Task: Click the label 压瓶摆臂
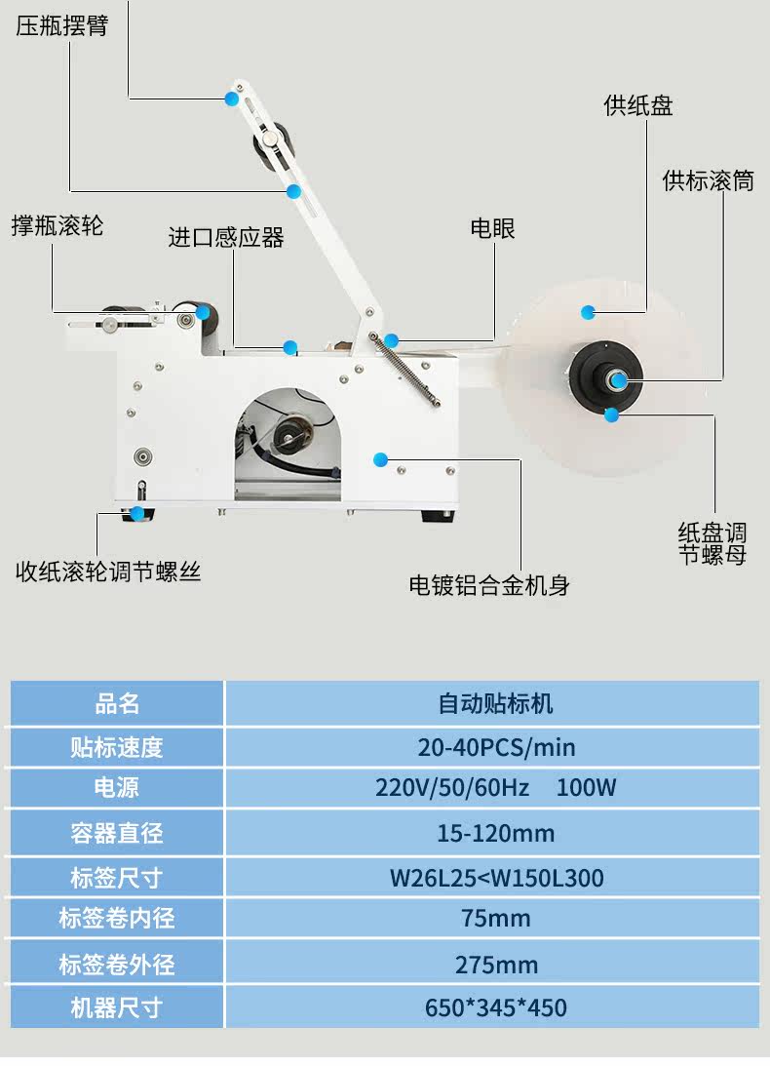(61, 26)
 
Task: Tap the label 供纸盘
(638, 106)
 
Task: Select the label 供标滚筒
(709, 180)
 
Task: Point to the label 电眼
(492, 229)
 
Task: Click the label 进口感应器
(226, 237)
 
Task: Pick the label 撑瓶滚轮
(58, 226)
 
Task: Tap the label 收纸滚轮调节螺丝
(108, 572)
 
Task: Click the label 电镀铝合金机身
(489, 585)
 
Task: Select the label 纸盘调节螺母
(712, 544)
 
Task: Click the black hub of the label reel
(604, 375)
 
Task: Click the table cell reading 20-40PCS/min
(496, 748)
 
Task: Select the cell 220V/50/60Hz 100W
(496, 788)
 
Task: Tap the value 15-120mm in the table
(496, 833)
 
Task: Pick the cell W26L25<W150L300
(496, 878)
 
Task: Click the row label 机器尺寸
(116, 1007)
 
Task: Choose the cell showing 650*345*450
(496, 1007)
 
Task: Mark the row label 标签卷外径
(116, 966)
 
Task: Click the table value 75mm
(496, 919)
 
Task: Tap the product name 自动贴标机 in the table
(496, 703)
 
